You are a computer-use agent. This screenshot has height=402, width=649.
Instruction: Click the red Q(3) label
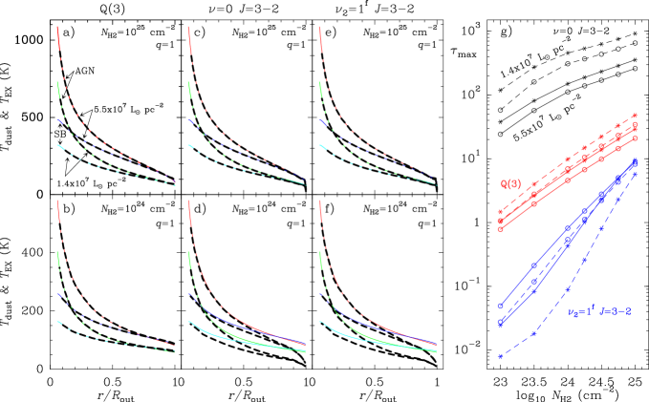(x=509, y=183)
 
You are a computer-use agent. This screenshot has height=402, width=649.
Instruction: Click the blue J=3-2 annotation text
(x=615, y=311)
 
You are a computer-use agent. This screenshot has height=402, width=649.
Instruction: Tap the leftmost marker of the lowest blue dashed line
(x=500, y=356)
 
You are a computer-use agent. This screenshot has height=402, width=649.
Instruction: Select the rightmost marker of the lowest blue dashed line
(x=635, y=173)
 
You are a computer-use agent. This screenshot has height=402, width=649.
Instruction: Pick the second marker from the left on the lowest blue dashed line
(x=533, y=333)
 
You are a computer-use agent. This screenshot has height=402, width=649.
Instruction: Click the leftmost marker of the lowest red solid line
(x=500, y=229)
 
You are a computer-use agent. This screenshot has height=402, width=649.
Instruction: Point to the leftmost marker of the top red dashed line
(x=500, y=212)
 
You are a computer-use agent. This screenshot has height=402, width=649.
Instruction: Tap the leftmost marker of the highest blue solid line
(x=500, y=306)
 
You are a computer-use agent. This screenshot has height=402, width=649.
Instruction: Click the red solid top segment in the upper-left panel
(x=59, y=38)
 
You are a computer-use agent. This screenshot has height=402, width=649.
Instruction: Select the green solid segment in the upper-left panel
(x=58, y=91)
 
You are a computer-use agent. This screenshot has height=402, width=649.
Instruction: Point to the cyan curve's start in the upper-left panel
(x=59, y=146)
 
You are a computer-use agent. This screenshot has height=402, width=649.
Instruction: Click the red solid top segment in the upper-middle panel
(x=190, y=38)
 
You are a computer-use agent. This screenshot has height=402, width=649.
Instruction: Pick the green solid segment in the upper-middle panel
(x=189, y=91)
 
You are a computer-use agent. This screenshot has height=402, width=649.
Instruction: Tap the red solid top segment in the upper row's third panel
(x=320, y=38)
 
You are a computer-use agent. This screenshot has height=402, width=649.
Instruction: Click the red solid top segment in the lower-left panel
(x=59, y=212)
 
